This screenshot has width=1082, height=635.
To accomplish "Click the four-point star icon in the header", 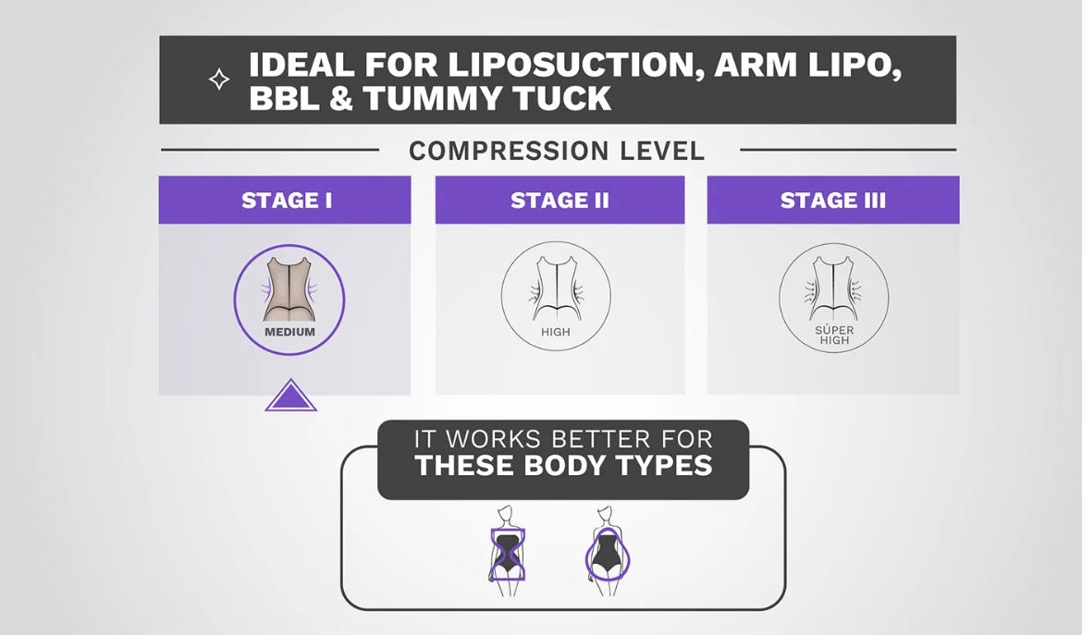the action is pyautogui.click(x=219, y=79).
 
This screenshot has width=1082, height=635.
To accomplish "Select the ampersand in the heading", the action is pyautogui.click(x=341, y=98).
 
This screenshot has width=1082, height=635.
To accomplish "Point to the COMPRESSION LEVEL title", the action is pyautogui.click(x=557, y=151).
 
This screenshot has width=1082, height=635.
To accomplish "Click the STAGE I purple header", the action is pyautogui.click(x=285, y=200).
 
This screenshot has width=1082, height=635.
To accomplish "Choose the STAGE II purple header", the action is pyautogui.click(x=559, y=200).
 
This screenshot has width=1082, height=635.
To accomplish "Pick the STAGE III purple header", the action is pyautogui.click(x=833, y=200).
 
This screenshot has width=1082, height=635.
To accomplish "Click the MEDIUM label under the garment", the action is pyautogui.click(x=289, y=332).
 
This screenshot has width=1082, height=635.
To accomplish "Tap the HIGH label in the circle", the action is pyautogui.click(x=556, y=332).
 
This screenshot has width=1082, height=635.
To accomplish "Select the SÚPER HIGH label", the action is pyautogui.click(x=834, y=336).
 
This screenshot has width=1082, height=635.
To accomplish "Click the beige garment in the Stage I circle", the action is pyautogui.click(x=289, y=289).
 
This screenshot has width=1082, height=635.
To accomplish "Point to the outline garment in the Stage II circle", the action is pyautogui.click(x=557, y=288).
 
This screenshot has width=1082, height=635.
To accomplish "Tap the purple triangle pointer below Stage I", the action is pyautogui.click(x=291, y=395).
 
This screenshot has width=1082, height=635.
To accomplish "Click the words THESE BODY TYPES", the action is pyautogui.click(x=564, y=466).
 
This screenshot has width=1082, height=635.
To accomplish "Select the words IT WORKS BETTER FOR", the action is pyautogui.click(x=563, y=438).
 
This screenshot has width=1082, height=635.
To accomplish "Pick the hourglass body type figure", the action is pyautogui.click(x=507, y=552).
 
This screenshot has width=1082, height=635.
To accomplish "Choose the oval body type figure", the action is pyautogui.click(x=608, y=552).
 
